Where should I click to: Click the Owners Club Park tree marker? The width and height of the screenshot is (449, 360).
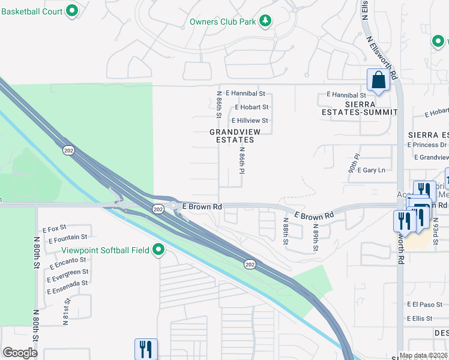pyautogui.click(x=265, y=22)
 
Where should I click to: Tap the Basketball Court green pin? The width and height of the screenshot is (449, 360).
pyautogui.click(x=72, y=10)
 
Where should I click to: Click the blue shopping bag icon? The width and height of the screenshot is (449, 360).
pyautogui.click(x=378, y=80)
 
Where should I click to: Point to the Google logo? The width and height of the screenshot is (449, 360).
pyautogui.click(x=20, y=352)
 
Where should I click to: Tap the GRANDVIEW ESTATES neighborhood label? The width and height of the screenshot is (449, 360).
pyautogui.click(x=232, y=136)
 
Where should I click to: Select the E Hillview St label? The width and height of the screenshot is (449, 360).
pyautogui.click(x=249, y=121)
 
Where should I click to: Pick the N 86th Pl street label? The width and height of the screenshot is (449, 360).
pyautogui.click(x=242, y=160)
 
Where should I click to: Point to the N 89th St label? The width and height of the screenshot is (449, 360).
pyautogui.click(x=315, y=238)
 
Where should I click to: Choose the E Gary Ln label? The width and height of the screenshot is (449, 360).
pyautogui.click(x=371, y=170)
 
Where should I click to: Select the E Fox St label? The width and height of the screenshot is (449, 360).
pyautogui.click(x=54, y=229)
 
